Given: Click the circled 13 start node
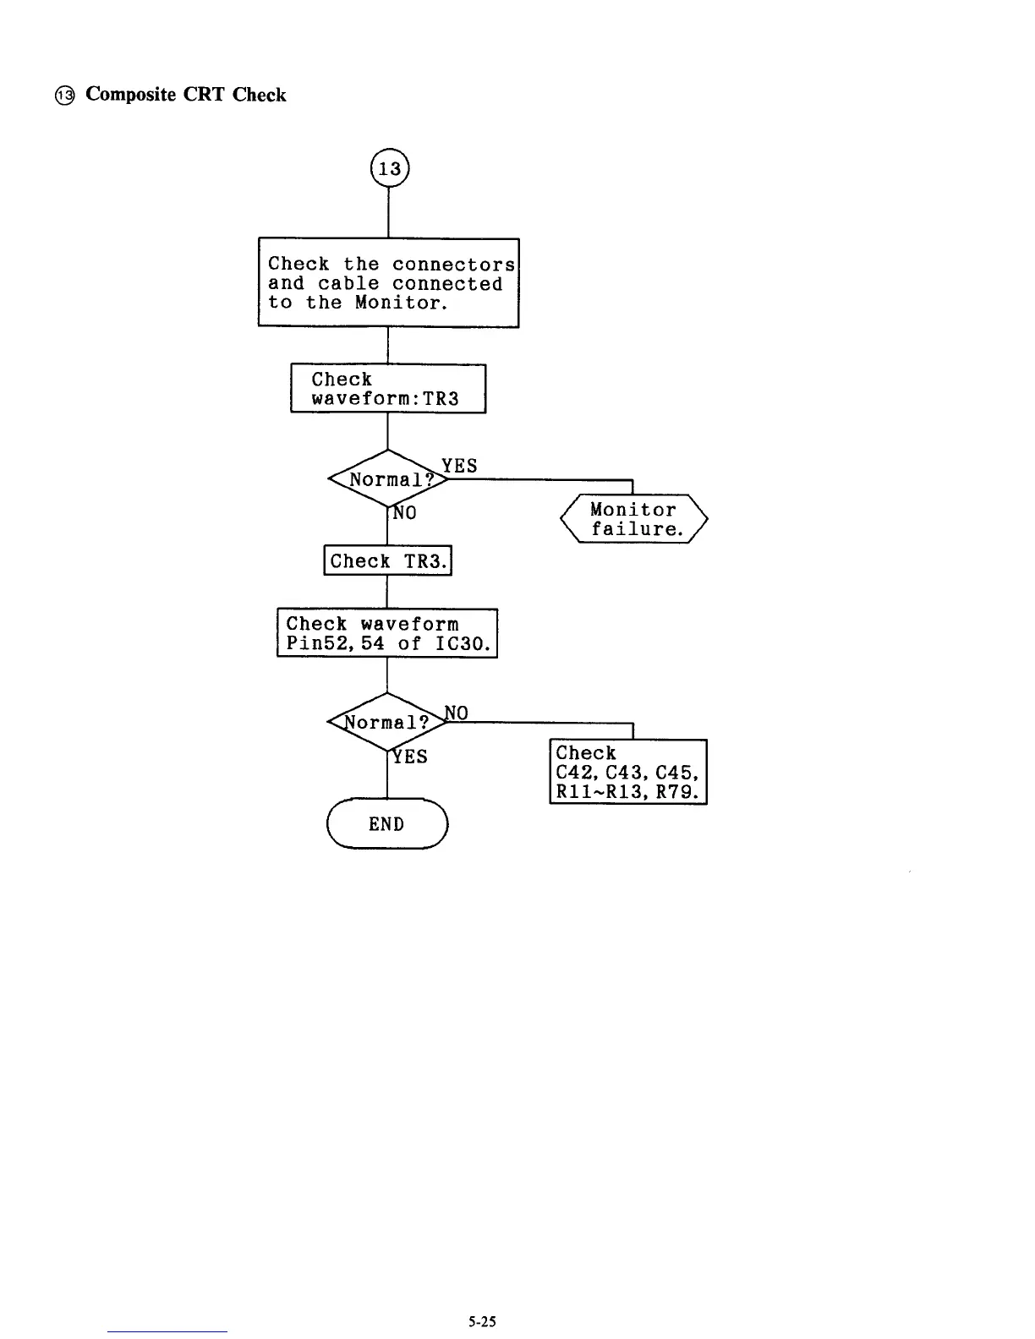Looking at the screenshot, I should (389, 169).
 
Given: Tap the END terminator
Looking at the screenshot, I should (386, 824).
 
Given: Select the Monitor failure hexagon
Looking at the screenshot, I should (634, 519).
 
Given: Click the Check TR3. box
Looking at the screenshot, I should (388, 561).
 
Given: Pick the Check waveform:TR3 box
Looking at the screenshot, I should (388, 389).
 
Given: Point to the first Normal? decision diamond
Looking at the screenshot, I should (387, 480).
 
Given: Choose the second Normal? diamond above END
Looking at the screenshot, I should (387, 723).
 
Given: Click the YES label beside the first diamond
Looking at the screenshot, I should (459, 466).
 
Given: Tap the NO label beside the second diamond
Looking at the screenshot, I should (457, 713).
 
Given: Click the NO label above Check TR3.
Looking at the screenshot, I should (405, 513).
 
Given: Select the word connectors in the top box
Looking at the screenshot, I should (453, 265).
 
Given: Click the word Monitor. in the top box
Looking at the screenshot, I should (400, 303).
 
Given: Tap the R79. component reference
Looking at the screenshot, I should (678, 792).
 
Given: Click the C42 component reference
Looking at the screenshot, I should (573, 773).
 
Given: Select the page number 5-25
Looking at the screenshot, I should (483, 1322).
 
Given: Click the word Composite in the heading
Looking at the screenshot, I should (131, 95).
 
